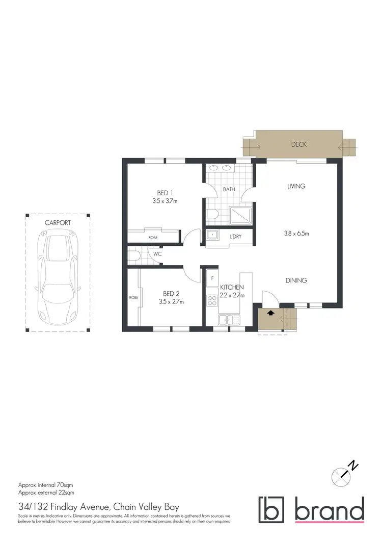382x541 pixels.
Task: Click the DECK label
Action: click(299, 144)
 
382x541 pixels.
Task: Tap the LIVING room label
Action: click(296, 186)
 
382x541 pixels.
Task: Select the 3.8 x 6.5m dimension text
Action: click(296, 234)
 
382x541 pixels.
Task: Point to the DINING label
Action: click(296, 280)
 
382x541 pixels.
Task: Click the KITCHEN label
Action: click(232, 288)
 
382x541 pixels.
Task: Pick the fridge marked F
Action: click(211, 279)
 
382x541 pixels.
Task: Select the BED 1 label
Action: click(165, 193)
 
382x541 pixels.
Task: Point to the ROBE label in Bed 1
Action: click(153, 238)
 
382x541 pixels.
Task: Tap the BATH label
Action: click(228, 190)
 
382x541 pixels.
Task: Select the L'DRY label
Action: click(235, 237)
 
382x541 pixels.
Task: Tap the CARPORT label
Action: click(58, 223)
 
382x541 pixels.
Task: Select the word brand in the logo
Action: click(330, 509)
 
